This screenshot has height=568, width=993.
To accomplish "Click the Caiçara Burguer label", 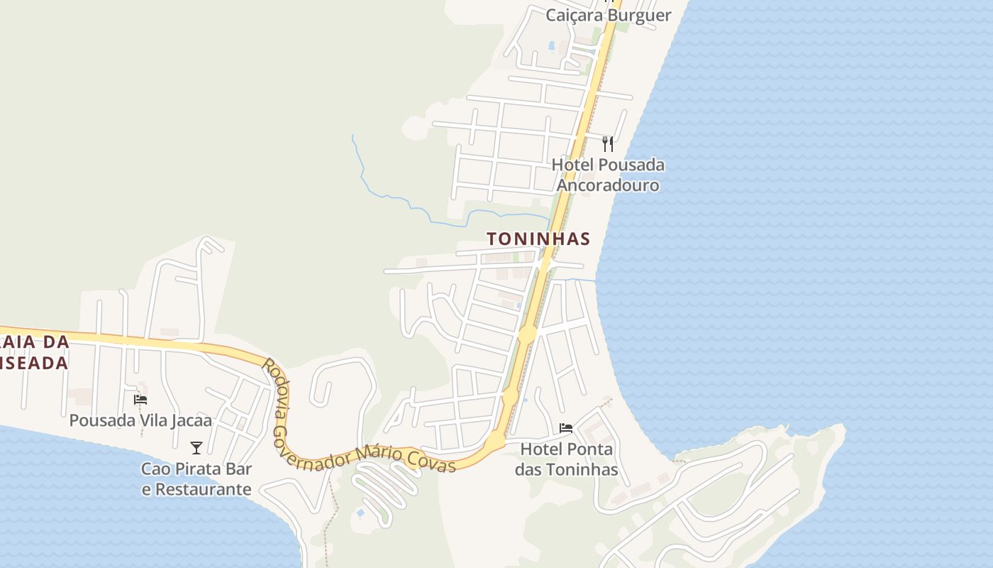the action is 608,15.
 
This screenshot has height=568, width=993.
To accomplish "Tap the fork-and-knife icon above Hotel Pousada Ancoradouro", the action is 608,144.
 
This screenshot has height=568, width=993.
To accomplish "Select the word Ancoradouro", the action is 608,185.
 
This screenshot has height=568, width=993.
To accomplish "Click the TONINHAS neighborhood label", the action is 538,239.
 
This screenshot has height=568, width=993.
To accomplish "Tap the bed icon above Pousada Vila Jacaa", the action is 140,400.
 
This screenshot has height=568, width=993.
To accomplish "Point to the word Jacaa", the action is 192,420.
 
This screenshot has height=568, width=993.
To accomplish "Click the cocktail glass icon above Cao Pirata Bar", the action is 196,448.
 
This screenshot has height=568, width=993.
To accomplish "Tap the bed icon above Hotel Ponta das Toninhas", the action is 566,428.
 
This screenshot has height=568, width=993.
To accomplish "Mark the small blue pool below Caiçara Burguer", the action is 551,45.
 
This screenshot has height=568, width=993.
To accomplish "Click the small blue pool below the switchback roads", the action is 361,512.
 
